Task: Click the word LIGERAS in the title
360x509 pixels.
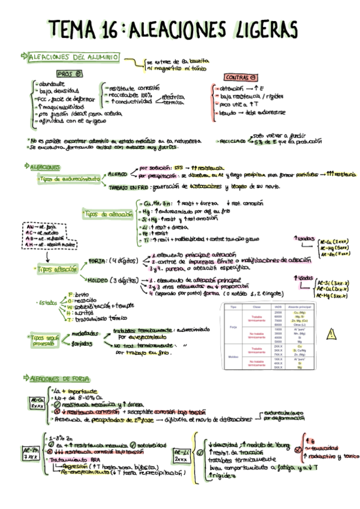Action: click(x=262, y=28)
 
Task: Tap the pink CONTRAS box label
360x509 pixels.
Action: click(x=242, y=77)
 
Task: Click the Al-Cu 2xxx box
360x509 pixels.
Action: click(x=37, y=403)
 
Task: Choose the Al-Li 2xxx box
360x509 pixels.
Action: click(x=181, y=454)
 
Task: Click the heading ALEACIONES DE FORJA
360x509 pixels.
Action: click(x=59, y=378)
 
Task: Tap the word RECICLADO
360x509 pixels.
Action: click(x=230, y=142)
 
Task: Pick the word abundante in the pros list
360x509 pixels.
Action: click(x=50, y=83)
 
